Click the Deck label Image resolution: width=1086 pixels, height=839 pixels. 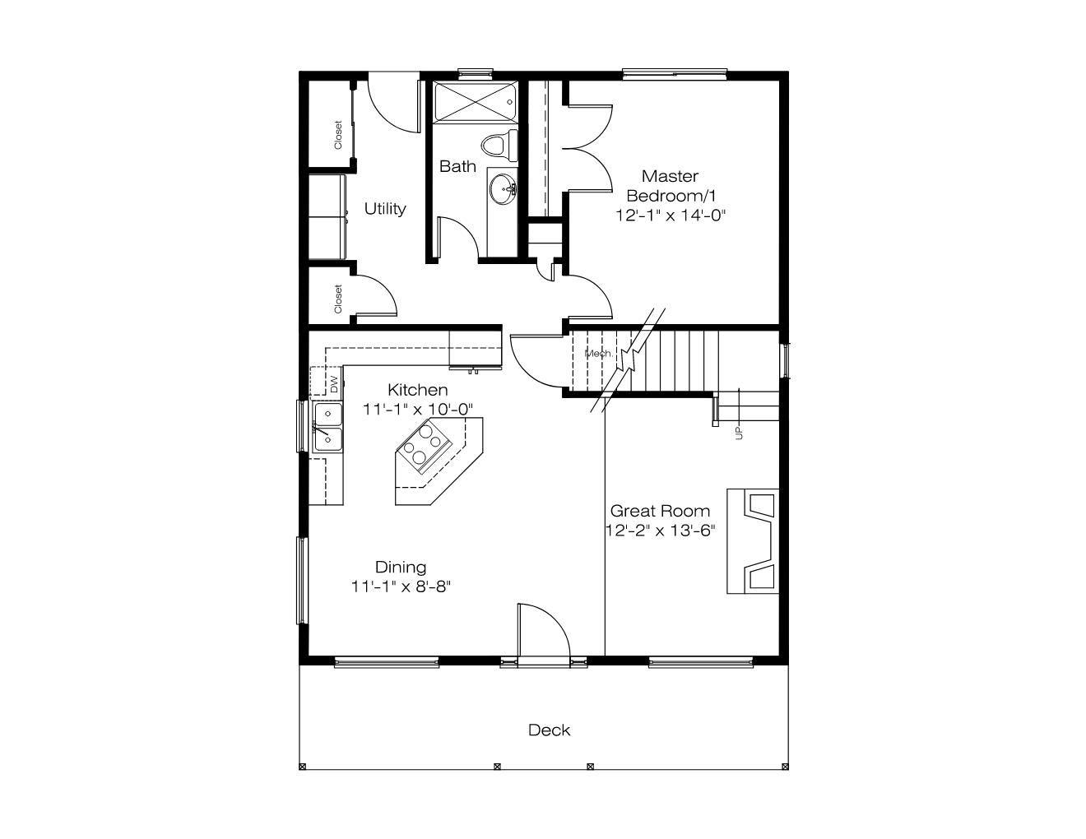tap(549, 730)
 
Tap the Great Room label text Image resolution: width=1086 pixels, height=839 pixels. tap(660, 511)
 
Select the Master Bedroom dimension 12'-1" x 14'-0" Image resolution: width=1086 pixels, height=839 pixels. tap(670, 216)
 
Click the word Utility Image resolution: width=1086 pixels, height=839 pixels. tap(385, 209)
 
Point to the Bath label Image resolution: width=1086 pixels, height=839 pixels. tap(457, 166)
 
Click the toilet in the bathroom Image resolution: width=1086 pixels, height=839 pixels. tap(499, 146)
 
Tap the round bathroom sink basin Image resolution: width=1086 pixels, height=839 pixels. tap(503, 189)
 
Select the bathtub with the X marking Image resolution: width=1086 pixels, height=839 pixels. tap(475, 103)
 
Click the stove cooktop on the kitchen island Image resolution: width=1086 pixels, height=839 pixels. tap(425, 447)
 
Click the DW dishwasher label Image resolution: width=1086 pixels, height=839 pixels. tap(335, 385)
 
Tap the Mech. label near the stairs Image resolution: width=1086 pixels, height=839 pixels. tap(599, 354)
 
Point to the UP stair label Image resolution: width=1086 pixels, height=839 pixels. tap(739, 432)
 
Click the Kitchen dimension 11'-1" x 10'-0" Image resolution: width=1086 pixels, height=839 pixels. tap(417, 410)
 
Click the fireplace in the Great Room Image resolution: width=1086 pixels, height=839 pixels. tap(753, 541)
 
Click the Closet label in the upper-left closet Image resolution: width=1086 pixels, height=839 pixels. tap(338, 135)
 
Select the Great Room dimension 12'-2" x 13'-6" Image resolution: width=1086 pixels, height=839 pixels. tap(660, 531)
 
